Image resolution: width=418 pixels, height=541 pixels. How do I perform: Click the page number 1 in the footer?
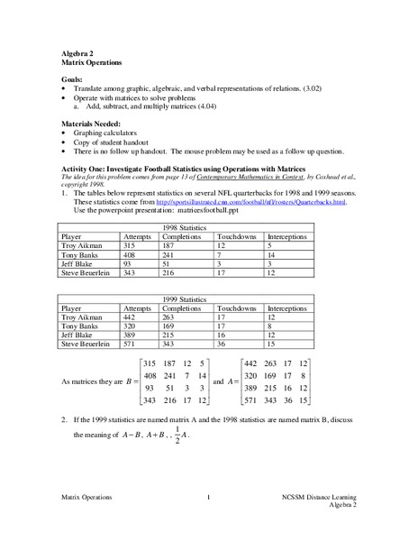point(208,497)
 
